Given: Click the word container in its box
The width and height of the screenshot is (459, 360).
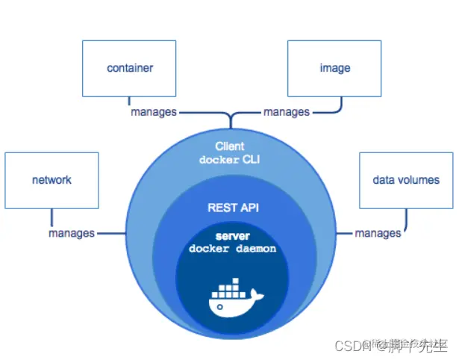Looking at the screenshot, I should pyautogui.click(x=130, y=68).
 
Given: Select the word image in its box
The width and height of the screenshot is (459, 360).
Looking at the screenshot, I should pyautogui.click(x=334, y=68).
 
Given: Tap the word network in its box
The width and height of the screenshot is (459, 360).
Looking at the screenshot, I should pyautogui.click(x=51, y=180).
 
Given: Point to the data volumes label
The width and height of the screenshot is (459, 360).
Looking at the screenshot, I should pyautogui.click(x=406, y=180).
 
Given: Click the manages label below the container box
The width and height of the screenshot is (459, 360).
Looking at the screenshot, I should pyautogui.click(x=154, y=112).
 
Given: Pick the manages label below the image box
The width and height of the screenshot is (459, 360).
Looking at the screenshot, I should pyautogui.click(x=286, y=112).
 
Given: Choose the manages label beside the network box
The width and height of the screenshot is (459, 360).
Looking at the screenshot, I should pyautogui.click(x=72, y=233).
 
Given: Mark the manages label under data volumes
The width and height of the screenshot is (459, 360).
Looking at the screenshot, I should pyautogui.click(x=378, y=233).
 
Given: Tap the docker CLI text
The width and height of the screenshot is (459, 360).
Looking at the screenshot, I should pyautogui.click(x=229, y=160).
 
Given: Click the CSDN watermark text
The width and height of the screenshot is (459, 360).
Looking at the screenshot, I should pyautogui.click(x=349, y=346).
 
